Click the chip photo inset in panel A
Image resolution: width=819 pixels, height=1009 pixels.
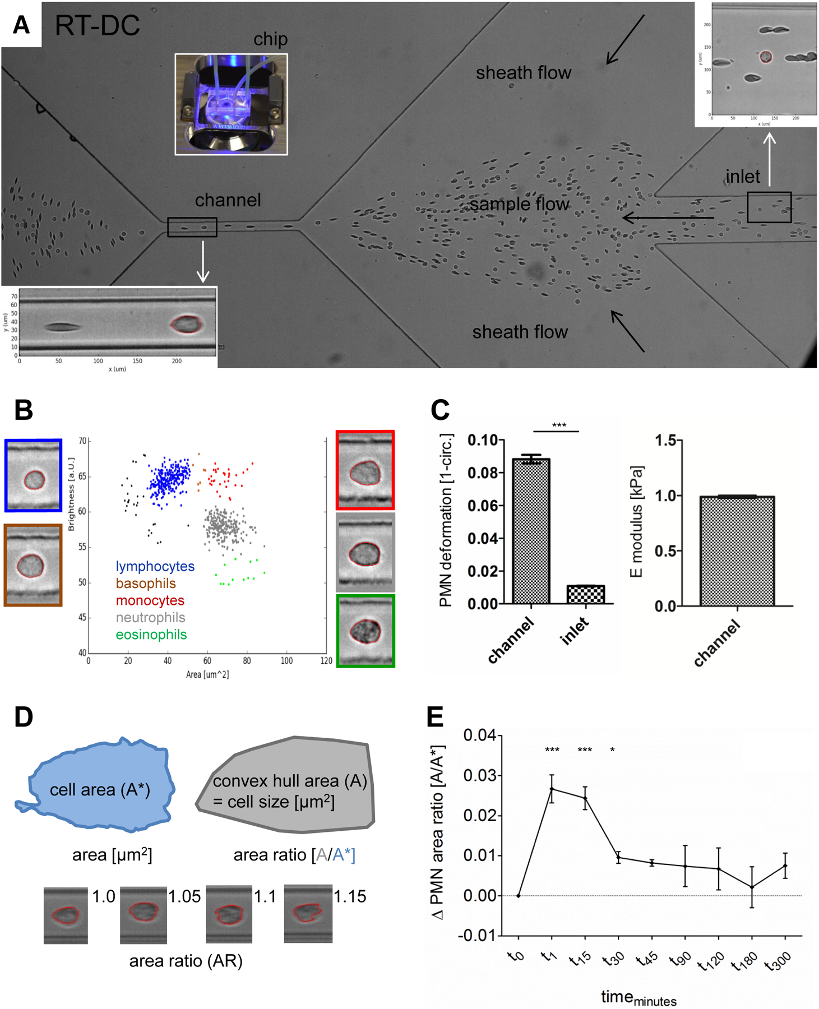tap(231, 104)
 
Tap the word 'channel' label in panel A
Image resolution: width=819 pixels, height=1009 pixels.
tap(228, 200)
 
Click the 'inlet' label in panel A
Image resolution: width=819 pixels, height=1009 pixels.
tap(742, 177)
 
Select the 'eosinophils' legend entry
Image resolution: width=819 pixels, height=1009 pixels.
tap(151, 635)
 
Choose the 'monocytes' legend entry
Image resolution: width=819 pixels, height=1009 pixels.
tap(150, 600)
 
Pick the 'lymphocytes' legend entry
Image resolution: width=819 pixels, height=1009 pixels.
tap(155, 566)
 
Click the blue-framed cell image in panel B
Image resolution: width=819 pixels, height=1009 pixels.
tap(33, 476)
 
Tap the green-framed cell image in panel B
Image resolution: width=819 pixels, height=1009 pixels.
tap(365, 631)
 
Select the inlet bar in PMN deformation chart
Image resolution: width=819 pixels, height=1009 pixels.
tap(586, 594)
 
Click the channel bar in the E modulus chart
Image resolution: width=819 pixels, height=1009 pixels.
tap(737, 551)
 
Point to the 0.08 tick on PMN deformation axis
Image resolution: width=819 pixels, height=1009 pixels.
tap(482, 473)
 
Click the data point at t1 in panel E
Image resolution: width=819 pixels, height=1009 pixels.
tap(552, 789)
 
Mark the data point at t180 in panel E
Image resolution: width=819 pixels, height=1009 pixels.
tap(752, 887)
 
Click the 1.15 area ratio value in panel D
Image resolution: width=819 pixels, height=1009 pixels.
tap(350, 896)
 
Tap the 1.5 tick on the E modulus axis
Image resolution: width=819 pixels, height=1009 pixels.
tap(666, 441)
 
